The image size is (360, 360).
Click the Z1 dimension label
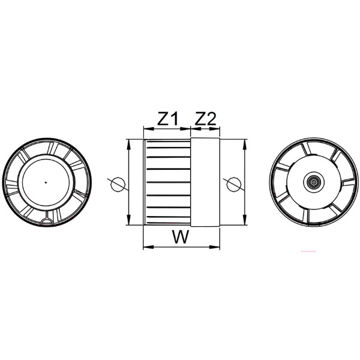tap(168, 118)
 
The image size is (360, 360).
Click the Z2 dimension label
tap(205, 118)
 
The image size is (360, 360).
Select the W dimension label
tap(181, 237)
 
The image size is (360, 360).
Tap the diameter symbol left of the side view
tap(118, 184)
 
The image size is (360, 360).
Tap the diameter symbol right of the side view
tap(234, 184)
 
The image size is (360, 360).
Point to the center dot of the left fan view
tap(46, 182)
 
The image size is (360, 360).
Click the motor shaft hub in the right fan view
tap(314, 182)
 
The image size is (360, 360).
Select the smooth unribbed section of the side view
tap(205, 182)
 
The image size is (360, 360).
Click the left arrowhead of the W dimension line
tap(148, 247)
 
